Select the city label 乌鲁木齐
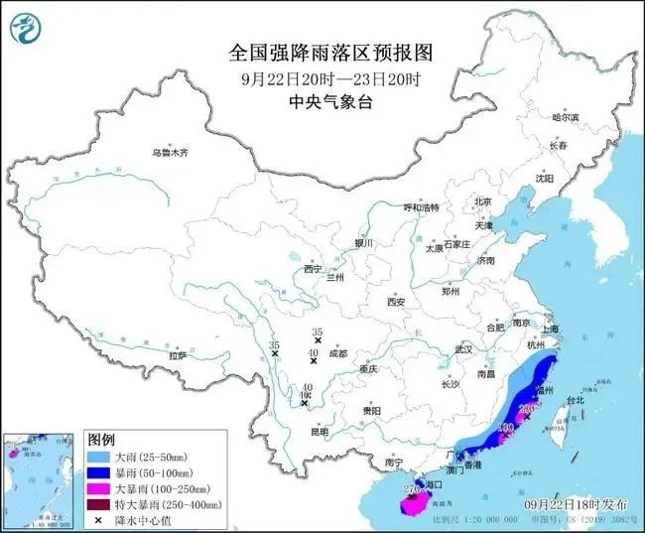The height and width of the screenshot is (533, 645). (170, 154)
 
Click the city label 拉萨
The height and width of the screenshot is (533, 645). (178, 354)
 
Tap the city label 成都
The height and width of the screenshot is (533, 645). (337, 353)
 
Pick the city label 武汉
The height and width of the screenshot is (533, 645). (463, 349)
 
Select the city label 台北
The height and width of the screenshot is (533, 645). (576, 400)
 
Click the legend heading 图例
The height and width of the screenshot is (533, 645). (101, 439)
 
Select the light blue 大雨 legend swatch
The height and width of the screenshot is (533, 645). (101, 456)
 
